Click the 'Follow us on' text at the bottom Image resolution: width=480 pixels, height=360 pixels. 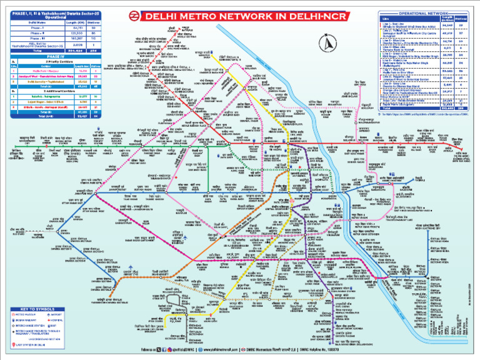[x=149, y=349]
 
